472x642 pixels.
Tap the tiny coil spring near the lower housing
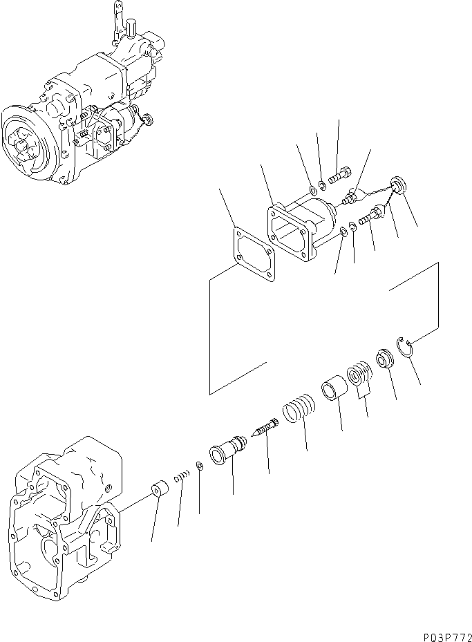pos(182,477)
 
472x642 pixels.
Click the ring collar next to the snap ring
pos(382,359)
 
